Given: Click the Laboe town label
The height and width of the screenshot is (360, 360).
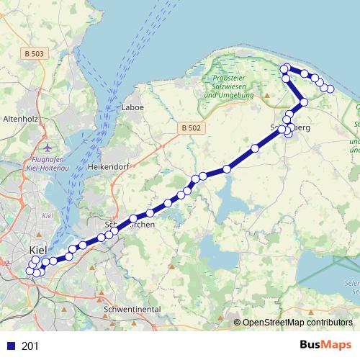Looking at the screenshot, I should (x=133, y=107).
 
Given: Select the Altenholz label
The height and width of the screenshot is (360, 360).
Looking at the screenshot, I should (x=21, y=117).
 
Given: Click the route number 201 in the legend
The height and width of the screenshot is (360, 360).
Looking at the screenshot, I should (x=30, y=346).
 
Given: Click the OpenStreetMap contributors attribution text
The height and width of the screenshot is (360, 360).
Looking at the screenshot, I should (x=297, y=323).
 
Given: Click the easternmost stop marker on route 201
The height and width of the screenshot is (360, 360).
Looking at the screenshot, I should (x=330, y=89).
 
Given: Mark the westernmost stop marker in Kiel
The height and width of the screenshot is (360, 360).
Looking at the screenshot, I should (x=30, y=271).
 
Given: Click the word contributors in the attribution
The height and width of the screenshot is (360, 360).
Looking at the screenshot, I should (x=328, y=323).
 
